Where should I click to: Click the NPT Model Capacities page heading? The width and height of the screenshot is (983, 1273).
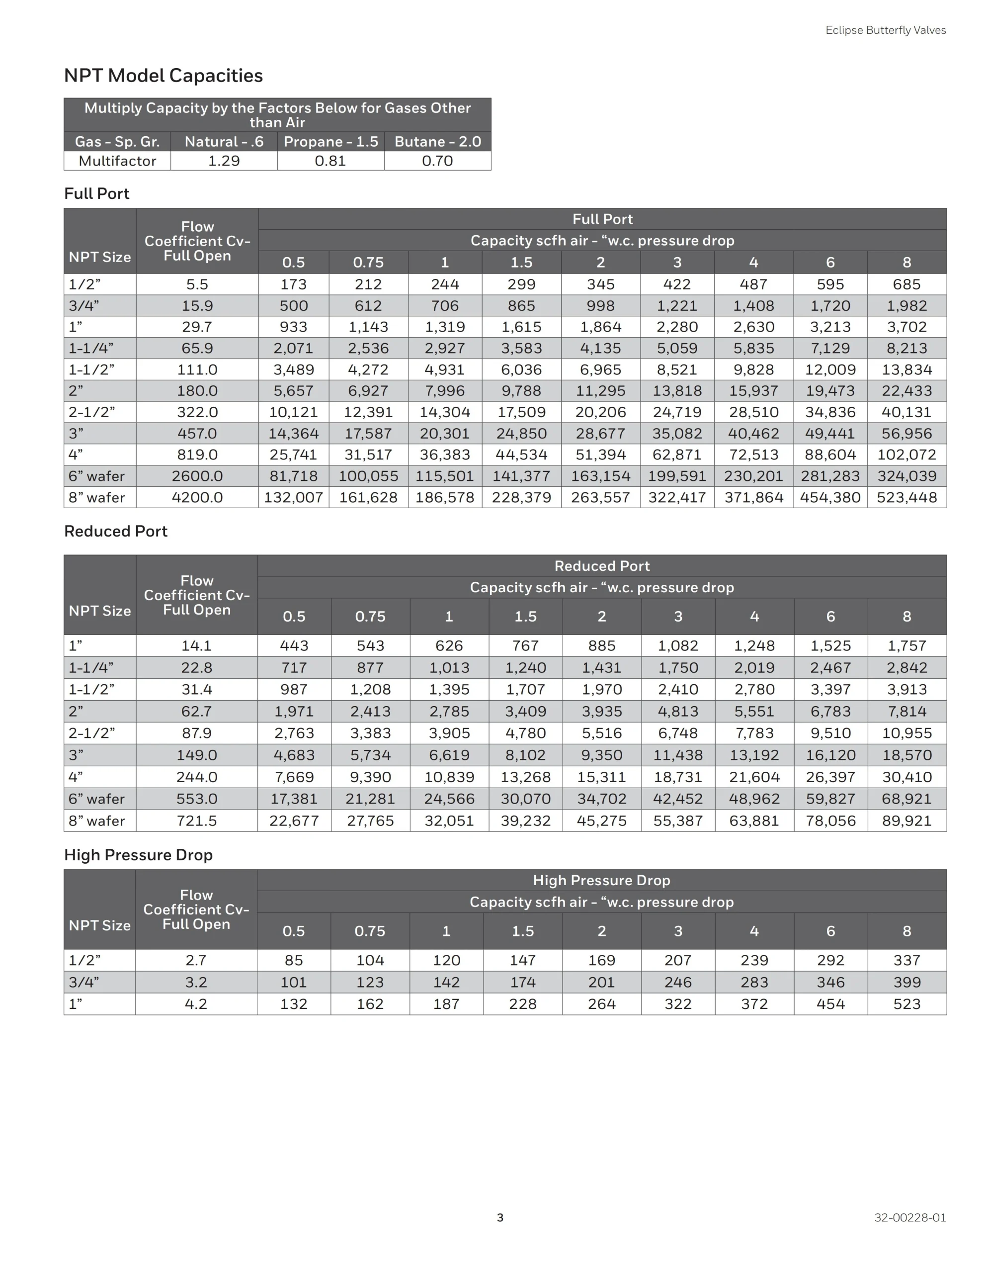tap(163, 76)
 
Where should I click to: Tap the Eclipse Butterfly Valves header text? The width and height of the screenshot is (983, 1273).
tap(885, 30)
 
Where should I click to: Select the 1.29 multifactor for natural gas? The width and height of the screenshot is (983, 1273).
tap(224, 161)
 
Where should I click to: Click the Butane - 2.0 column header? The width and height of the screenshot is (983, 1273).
tap(438, 142)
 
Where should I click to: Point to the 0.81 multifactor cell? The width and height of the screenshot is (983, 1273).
tap(330, 161)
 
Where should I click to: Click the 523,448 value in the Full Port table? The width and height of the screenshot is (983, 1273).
tap(906, 497)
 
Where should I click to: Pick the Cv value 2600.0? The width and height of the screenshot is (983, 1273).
tap(197, 476)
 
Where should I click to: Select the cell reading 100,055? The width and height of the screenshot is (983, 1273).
tap(368, 476)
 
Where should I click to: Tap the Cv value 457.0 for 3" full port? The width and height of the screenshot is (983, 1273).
tap(197, 434)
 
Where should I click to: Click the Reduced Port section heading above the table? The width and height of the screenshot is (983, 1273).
tap(115, 531)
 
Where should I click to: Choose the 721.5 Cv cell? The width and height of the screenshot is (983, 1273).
tap(196, 820)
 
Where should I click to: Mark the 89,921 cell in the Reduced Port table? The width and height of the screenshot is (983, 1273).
tap(906, 820)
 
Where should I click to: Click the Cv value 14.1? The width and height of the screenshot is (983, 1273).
tap(196, 646)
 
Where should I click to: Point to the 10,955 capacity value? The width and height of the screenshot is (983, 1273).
tap(906, 733)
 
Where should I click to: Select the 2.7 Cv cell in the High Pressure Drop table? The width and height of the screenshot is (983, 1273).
tap(196, 960)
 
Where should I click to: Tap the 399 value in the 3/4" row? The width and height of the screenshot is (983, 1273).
tap(906, 982)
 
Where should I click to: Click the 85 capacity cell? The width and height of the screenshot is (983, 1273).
tap(294, 960)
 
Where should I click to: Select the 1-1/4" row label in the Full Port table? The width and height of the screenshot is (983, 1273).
tap(91, 349)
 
